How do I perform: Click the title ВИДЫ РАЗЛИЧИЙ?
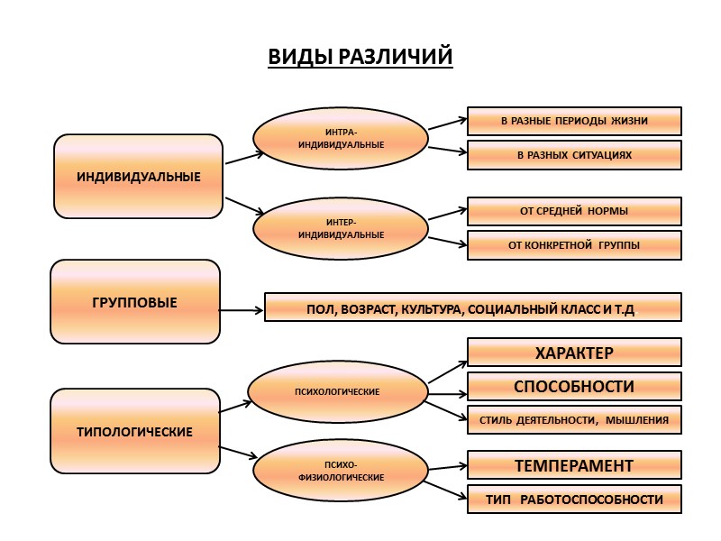(x=360, y=57)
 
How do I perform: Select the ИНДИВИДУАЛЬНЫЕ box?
(x=138, y=176)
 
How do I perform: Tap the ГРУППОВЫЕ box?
(x=135, y=302)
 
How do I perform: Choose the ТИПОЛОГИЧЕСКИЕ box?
(x=135, y=432)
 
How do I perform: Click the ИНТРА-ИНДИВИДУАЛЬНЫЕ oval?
(x=341, y=139)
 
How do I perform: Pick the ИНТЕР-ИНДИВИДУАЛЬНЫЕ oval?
(x=341, y=228)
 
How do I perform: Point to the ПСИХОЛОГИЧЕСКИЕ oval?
(x=337, y=391)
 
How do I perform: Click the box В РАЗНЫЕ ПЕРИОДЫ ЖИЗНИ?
(x=574, y=121)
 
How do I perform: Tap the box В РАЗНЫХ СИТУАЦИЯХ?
(x=574, y=155)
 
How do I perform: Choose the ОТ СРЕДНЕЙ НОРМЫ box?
(x=574, y=211)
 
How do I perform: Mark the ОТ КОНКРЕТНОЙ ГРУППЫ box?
(x=574, y=245)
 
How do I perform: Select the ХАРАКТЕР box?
(x=574, y=352)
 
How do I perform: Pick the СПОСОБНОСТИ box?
(x=574, y=386)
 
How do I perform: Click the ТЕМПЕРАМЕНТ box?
(x=574, y=465)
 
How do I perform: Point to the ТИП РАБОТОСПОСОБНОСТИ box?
(x=574, y=500)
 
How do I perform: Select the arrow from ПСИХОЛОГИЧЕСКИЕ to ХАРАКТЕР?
(x=446, y=370)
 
